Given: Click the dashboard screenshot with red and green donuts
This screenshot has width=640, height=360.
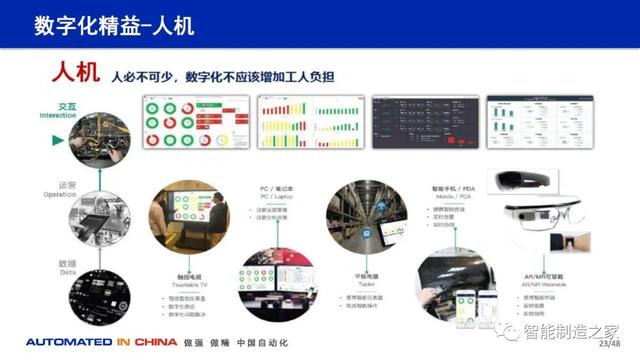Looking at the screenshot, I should (x=194, y=123).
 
